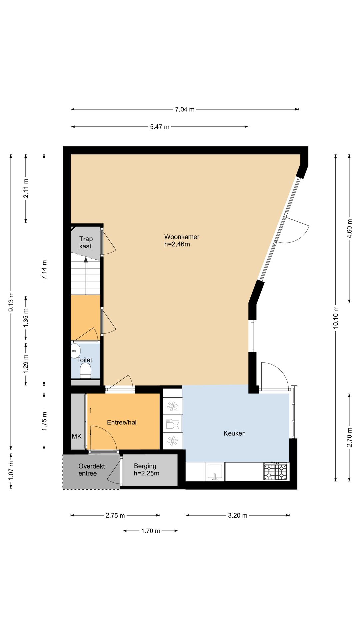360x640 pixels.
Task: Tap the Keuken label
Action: click(x=235, y=433)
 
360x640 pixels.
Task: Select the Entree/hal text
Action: click(x=122, y=422)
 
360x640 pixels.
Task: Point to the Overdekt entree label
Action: click(x=92, y=470)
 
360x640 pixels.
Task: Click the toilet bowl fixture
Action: click(x=86, y=371)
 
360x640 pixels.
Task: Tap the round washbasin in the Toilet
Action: click(x=76, y=351)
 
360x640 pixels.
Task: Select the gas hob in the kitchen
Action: click(x=275, y=472)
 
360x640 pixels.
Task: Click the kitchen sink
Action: click(x=215, y=472)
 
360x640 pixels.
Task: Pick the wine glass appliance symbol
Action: click(x=172, y=424)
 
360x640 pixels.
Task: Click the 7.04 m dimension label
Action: click(x=185, y=109)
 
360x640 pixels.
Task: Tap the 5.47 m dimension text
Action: click(x=160, y=127)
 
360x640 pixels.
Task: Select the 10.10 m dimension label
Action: click(x=336, y=317)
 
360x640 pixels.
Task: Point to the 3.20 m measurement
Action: click(x=238, y=516)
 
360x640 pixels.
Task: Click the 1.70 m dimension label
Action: click(x=151, y=531)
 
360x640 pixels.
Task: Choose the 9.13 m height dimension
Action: click(x=11, y=302)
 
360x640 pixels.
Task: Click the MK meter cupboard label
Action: click(x=77, y=436)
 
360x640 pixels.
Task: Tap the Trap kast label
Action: click(x=86, y=242)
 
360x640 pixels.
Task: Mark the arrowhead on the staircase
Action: click(x=86, y=260)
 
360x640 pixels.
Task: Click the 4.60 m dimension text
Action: click(x=349, y=229)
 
